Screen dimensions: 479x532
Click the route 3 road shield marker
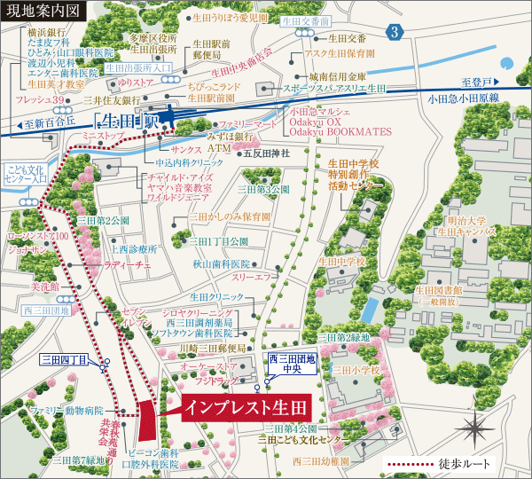[395, 33]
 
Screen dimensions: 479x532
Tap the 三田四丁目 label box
[64, 359]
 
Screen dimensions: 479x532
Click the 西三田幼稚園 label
[325, 461]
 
